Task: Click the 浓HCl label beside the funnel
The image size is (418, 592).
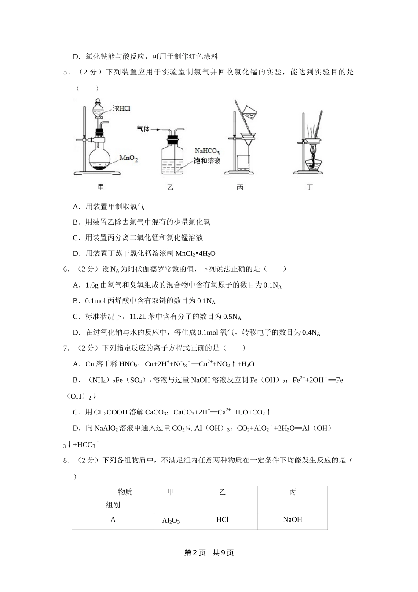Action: coord(121,108)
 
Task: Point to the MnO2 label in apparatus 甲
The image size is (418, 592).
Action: coord(128,158)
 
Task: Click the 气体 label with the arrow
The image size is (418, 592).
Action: coord(143,129)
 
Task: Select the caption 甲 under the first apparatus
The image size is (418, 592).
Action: coord(101,187)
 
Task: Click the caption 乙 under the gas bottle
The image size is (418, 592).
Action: coord(170,188)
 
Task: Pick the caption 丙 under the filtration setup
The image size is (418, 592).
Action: coord(240,188)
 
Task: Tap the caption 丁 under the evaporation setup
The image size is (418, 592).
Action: coord(310,188)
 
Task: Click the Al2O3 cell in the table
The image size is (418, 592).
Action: coord(171,521)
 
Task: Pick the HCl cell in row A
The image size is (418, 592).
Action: coord(223,520)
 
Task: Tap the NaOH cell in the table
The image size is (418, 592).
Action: coord(293,520)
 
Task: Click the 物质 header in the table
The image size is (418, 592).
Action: coord(125,492)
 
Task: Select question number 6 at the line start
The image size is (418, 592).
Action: coord(66,269)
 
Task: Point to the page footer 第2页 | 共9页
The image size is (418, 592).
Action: coord(209,553)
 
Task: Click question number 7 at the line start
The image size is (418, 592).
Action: coord(66,348)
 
